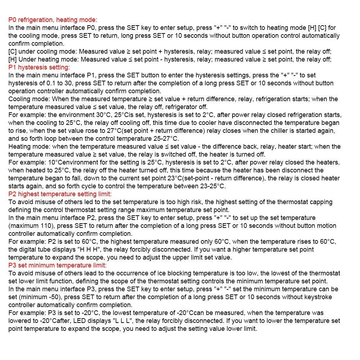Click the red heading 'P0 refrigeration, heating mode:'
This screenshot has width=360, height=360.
[x=53, y=20]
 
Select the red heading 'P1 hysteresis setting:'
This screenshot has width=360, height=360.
[x=39, y=67]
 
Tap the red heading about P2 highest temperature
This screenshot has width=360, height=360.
[x=60, y=194]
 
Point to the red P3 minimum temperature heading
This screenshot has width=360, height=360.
[x=57, y=265]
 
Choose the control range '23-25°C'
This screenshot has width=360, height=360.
[x=212, y=186]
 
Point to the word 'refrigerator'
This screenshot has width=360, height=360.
[x=179, y=107]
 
